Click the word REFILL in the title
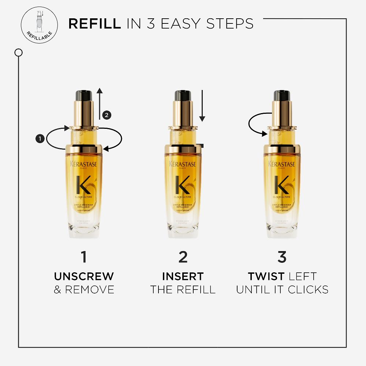(x=95, y=23)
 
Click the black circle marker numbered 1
(x=40, y=138)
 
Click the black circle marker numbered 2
(x=106, y=115)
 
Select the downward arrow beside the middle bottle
(x=202, y=106)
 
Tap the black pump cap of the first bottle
(x=83, y=96)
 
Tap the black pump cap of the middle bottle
(x=183, y=96)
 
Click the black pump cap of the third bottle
(x=282, y=96)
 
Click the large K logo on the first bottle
(x=84, y=185)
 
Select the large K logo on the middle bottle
(x=183, y=185)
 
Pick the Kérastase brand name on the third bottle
(x=282, y=164)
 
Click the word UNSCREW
(x=84, y=276)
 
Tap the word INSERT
(x=183, y=276)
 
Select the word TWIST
(x=266, y=276)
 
